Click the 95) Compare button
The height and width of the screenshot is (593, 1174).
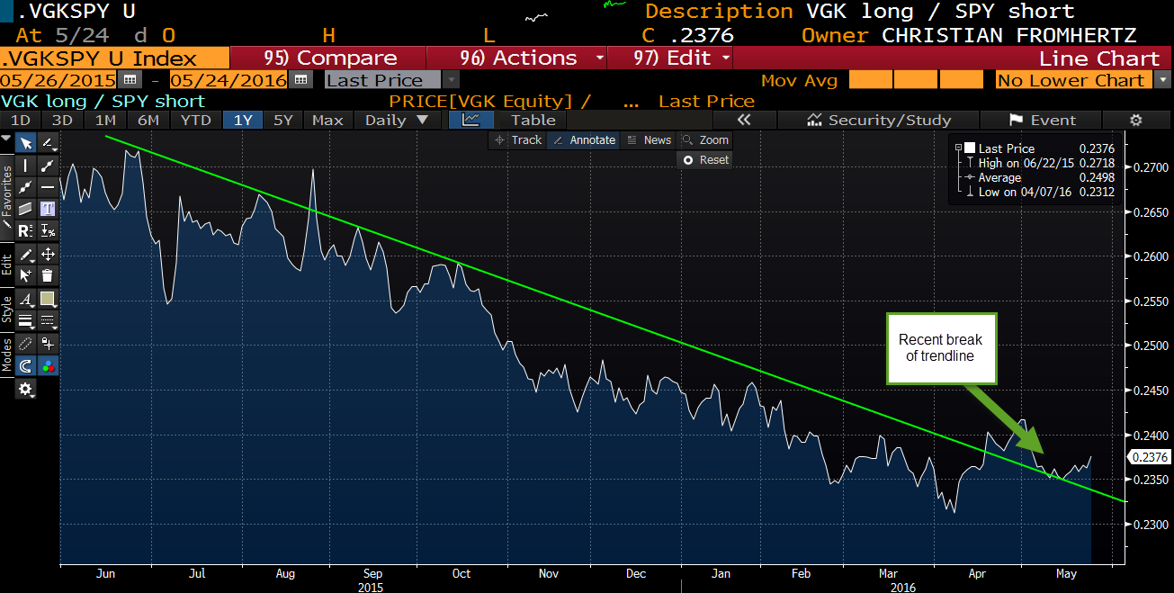click(330, 58)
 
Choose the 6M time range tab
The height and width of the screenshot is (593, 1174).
click(148, 120)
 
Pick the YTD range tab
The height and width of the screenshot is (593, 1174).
click(195, 120)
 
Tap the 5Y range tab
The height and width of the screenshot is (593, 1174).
click(282, 120)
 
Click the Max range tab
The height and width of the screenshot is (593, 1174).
click(327, 120)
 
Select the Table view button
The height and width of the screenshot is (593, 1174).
click(533, 120)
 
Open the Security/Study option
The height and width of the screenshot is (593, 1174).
click(879, 120)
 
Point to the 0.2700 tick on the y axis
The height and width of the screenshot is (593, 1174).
click(1150, 167)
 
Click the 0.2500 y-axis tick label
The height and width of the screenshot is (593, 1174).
click(1150, 346)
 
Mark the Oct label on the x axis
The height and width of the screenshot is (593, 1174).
click(461, 574)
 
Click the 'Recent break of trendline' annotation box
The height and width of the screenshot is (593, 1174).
click(941, 348)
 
